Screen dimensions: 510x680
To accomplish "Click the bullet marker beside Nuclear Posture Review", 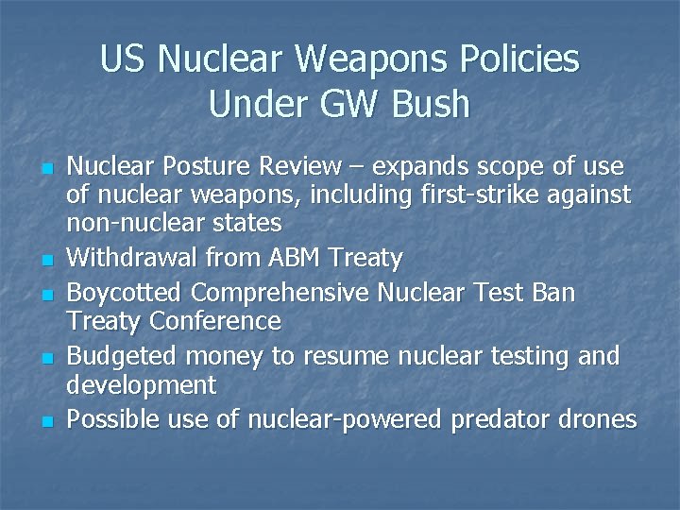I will (x=45, y=169).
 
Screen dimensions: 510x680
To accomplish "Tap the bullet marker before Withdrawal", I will (x=45, y=260).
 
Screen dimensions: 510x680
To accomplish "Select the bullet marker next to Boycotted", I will (x=45, y=295).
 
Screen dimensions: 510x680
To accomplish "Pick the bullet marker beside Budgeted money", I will (x=45, y=359).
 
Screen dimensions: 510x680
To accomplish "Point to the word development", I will (x=141, y=385).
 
